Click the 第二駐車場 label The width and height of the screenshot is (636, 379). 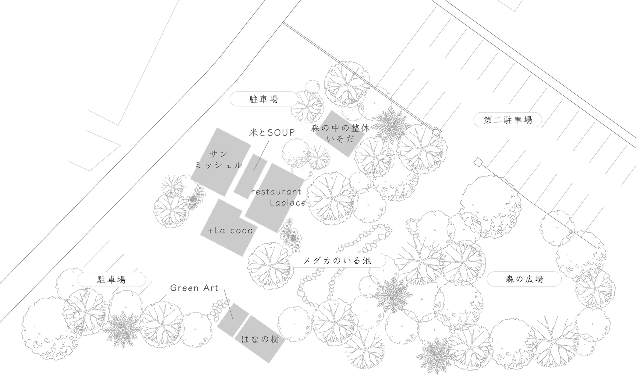[x=508, y=120]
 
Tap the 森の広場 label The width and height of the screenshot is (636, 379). [x=524, y=280]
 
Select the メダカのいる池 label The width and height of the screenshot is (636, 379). [x=337, y=261]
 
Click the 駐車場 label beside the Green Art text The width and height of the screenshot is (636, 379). [x=112, y=280]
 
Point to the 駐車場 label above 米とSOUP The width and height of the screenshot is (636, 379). [x=264, y=99]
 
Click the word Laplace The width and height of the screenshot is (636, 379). [x=287, y=203]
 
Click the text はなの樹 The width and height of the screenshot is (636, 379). [x=263, y=340]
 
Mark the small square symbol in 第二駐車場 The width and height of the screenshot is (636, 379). [x=478, y=161]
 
